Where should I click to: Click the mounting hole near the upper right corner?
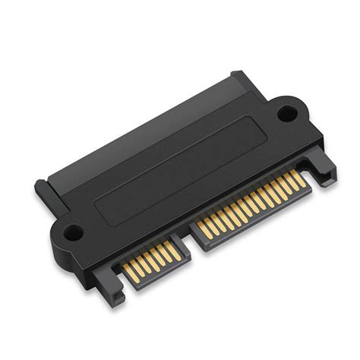coord(286,114)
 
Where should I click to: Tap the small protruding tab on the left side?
coord(42,188)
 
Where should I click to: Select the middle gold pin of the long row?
coord(251,204)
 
